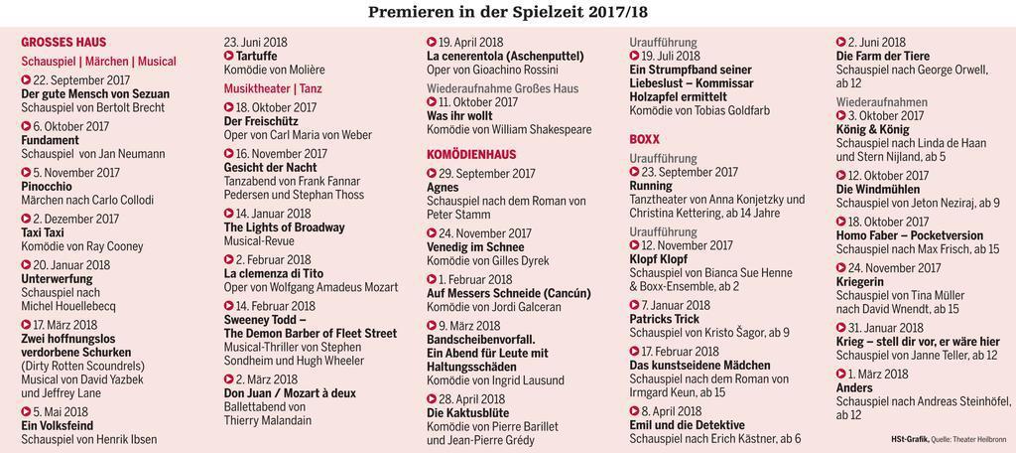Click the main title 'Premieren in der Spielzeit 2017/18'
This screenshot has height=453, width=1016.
click(508, 12)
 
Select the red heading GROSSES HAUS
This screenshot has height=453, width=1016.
click(64, 43)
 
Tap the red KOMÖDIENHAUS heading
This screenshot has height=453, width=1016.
click(471, 155)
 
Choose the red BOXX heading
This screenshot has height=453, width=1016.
click(645, 139)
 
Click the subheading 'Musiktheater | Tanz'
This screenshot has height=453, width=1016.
click(273, 89)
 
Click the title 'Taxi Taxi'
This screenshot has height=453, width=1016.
click(43, 232)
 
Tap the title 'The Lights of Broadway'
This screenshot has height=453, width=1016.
click(284, 227)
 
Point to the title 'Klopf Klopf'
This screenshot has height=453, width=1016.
click(658, 259)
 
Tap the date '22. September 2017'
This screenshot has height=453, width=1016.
click(81, 80)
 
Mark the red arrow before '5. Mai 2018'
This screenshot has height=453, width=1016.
click(26, 411)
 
